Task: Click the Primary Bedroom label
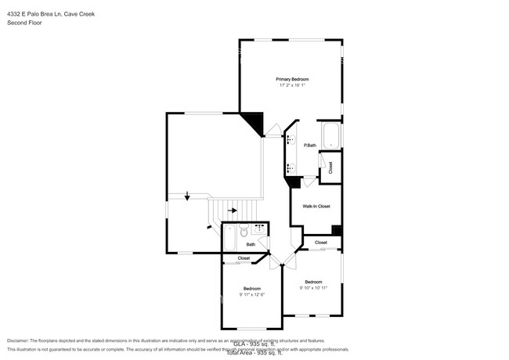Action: (x=291, y=79)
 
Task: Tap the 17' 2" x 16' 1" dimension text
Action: (x=291, y=85)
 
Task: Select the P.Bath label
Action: (x=310, y=146)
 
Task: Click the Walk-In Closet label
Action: (x=311, y=206)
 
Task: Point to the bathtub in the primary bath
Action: (x=330, y=135)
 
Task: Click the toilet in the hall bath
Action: (x=244, y=232)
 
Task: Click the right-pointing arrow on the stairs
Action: (x=232, y=211)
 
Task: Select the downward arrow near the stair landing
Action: (x=187, y=196)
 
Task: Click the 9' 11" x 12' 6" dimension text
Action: (x=251, y=294)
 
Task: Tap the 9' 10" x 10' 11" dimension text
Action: (x=313, y=288)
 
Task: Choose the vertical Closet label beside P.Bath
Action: (x=330, y=167)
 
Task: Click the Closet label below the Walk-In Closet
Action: (x=321, y=243)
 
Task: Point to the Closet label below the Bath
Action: (x=244, y=257)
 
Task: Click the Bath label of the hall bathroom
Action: (x=251, y=245)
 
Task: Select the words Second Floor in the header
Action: (x=25, y=23)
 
